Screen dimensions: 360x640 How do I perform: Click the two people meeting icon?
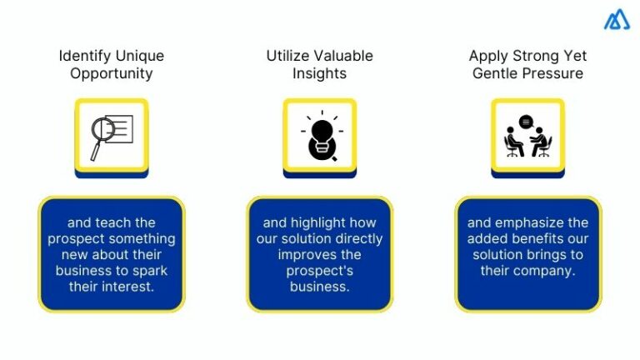click(527, 137)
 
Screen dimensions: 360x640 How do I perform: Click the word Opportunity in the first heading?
click(111, 73)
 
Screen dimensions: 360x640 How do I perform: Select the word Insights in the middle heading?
click(319, 73)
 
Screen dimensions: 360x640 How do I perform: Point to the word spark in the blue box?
click(136, 270)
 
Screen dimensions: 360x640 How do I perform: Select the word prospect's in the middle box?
click(319, 270)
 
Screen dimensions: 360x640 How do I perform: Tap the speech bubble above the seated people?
click(526, 122)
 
